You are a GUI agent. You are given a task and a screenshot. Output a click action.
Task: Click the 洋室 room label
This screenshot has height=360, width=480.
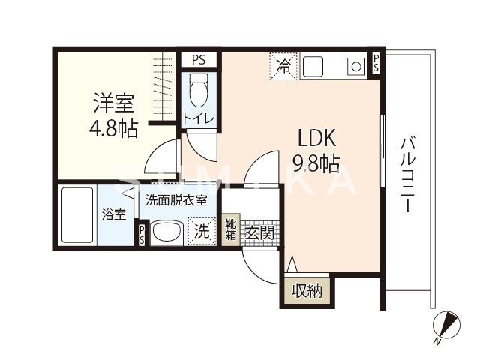pos(113,103)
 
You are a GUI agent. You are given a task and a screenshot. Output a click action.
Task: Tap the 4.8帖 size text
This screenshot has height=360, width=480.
pos(113,128)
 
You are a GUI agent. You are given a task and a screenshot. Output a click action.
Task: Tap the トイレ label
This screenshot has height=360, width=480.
pos(199,118)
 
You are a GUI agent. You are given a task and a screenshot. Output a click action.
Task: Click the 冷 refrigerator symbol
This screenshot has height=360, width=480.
pos(284,65)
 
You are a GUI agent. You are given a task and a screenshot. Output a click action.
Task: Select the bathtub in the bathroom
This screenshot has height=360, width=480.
pos(75,215)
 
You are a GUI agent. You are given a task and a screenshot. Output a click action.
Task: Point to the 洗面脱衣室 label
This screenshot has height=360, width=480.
pos(175,200)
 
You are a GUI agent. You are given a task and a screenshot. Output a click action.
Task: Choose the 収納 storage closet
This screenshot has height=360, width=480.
pos(307,290)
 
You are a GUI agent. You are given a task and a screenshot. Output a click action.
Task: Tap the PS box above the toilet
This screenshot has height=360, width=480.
pos(199,59)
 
